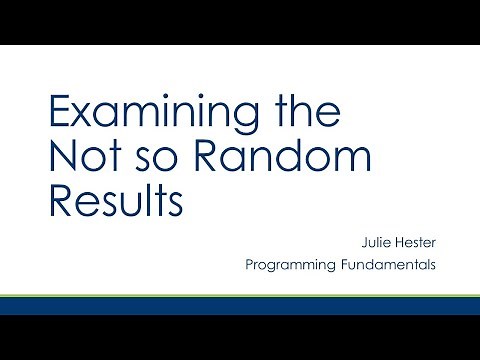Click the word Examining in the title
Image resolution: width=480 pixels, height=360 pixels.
[x=141, y=113]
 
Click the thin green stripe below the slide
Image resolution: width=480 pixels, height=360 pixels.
[x=240, y=297]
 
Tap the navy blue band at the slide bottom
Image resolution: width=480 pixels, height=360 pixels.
[x=240, y=307]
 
